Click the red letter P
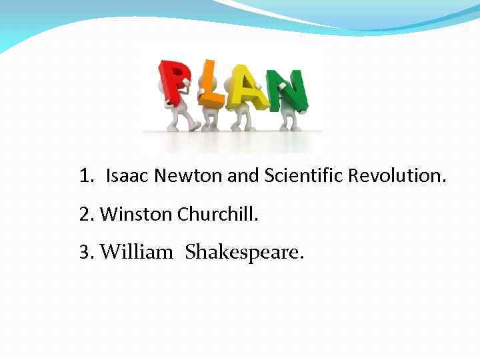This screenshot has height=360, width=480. coord(175,81)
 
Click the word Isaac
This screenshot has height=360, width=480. coord(128,176)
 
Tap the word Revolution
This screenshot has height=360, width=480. coord(400,176)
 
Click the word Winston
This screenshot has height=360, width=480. coord(137,214)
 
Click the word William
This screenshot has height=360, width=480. coord(136,252)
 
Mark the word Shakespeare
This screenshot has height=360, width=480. coord(244,252)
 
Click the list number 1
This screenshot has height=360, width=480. coord(85,176)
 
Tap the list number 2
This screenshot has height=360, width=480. coord(85,214)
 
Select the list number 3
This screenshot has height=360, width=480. coord(85,252)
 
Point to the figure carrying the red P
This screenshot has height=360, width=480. coord(179,113)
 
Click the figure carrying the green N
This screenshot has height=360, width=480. coord(288,117)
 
